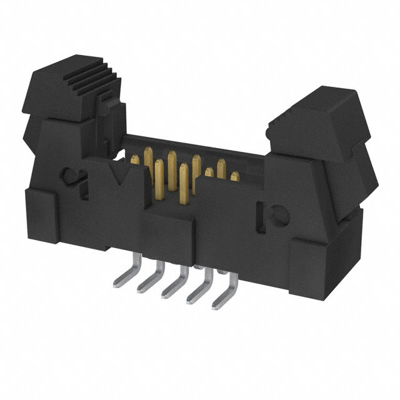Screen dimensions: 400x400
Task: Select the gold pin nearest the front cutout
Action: click(182, 181)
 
